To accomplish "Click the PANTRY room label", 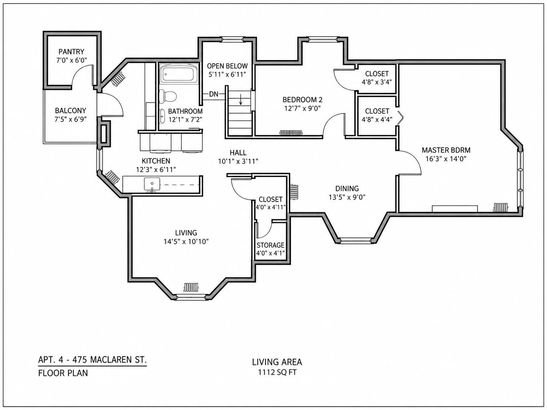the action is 71,52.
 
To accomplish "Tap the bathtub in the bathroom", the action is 179,73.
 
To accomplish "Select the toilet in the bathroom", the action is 168,96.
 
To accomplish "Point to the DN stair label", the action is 214,94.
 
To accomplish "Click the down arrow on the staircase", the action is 241,99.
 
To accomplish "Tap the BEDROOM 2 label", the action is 302,100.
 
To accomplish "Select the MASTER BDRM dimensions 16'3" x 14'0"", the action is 446,159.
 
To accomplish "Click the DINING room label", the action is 347,188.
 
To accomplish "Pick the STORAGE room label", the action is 270,245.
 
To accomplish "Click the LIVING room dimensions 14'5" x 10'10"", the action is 186,242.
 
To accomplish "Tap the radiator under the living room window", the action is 191,287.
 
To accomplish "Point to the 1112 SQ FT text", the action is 277,372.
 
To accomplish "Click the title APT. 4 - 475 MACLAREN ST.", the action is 93,360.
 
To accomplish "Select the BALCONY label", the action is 71,111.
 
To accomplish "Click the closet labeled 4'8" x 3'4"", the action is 377,78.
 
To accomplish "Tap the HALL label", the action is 238,153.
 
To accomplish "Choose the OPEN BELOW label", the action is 227,66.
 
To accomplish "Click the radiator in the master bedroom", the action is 501,207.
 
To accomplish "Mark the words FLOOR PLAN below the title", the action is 63,373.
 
